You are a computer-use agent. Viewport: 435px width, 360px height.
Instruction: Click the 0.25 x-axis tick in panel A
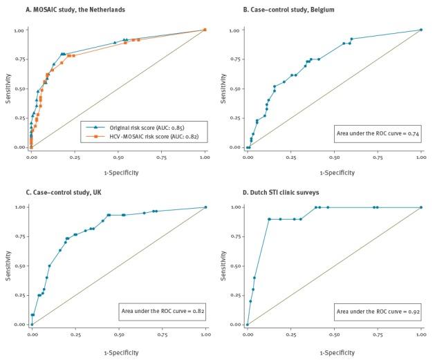[74, 157]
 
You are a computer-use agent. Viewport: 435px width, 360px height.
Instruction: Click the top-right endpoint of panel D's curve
[421, 207]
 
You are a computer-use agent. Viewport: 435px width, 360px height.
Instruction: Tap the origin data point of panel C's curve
[31, 324]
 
